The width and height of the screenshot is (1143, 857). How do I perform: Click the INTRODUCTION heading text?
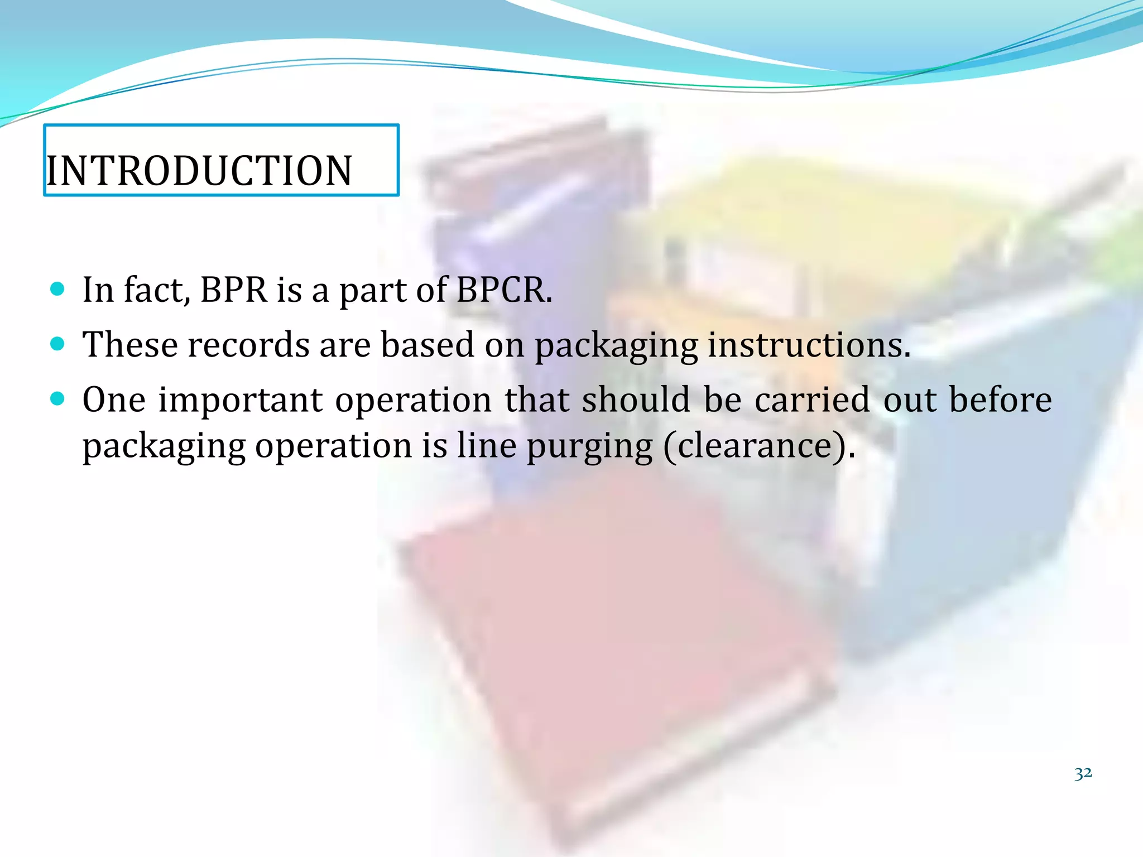coord(199,171)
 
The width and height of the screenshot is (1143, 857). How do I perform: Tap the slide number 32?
coord(1083,774)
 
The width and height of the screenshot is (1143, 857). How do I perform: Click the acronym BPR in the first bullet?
coord(234,290)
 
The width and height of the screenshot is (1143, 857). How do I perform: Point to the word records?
coord(248,344)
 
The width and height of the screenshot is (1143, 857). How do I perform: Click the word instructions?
coord(809,344)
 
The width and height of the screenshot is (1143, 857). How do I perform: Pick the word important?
coord(241,400)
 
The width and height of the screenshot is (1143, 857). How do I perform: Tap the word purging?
coord(590,446)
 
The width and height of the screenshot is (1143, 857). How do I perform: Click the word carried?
coord(812,399)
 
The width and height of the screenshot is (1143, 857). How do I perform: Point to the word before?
coord(1000,399)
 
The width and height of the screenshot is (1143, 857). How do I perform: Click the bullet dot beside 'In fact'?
coord(57,288)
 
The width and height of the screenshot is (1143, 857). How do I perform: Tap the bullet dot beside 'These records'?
coord(57,343)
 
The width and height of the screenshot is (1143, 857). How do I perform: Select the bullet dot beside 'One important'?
coord(57,398)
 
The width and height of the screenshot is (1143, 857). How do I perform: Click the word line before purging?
coord(487,446)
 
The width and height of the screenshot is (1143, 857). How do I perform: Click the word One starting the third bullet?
coord(114,400)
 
